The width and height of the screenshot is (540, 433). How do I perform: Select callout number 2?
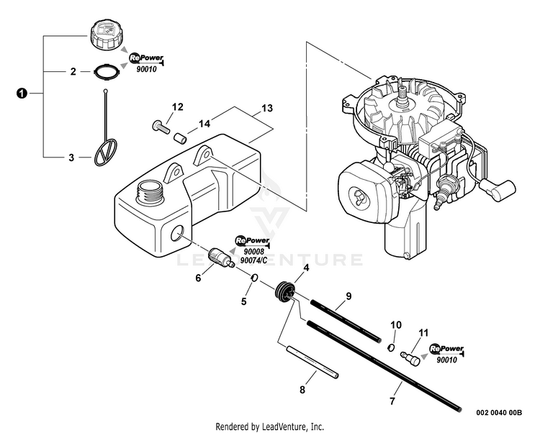tap(73, 72)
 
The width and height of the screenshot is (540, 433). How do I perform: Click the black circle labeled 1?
tap(22, 94)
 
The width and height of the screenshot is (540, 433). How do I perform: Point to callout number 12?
tap(177, 108)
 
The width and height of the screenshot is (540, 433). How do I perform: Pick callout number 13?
tap(266, 109)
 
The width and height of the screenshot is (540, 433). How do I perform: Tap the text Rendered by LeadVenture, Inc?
tap(270, 426)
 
